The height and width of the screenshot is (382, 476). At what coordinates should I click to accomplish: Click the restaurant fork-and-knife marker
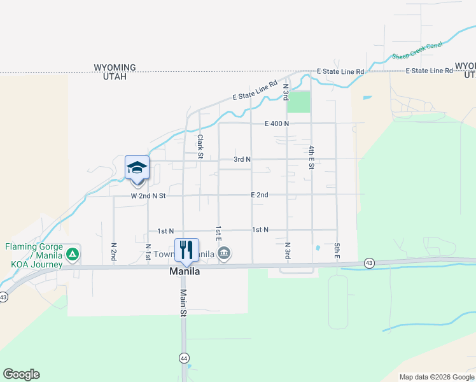point(187,249)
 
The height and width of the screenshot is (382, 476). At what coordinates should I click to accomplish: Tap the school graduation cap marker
point(137,168)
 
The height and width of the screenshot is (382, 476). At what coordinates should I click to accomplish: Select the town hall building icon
point(224,254)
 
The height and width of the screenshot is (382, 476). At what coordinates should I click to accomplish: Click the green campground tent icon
point(73,255)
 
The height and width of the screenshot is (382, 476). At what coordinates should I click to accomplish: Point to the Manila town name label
point(185,271)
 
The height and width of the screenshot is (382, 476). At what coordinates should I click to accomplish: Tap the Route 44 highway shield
point(184,358)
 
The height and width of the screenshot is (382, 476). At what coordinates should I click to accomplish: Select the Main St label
point(183,303)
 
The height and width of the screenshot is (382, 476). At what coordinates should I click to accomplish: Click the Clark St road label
point(200,146)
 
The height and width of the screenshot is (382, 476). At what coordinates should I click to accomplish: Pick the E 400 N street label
point(277,124)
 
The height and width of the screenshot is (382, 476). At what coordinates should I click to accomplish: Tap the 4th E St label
point(312,157)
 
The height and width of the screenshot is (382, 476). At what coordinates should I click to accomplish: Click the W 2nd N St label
point(148,196)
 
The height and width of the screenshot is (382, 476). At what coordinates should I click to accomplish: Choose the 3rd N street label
point(242,159)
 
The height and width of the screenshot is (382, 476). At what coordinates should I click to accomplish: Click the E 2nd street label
point(259,195)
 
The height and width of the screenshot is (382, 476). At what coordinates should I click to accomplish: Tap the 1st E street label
point(218,234)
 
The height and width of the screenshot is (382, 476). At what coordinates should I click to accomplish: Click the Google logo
point(21,374)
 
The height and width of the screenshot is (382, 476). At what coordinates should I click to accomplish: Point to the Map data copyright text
point(437,377)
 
